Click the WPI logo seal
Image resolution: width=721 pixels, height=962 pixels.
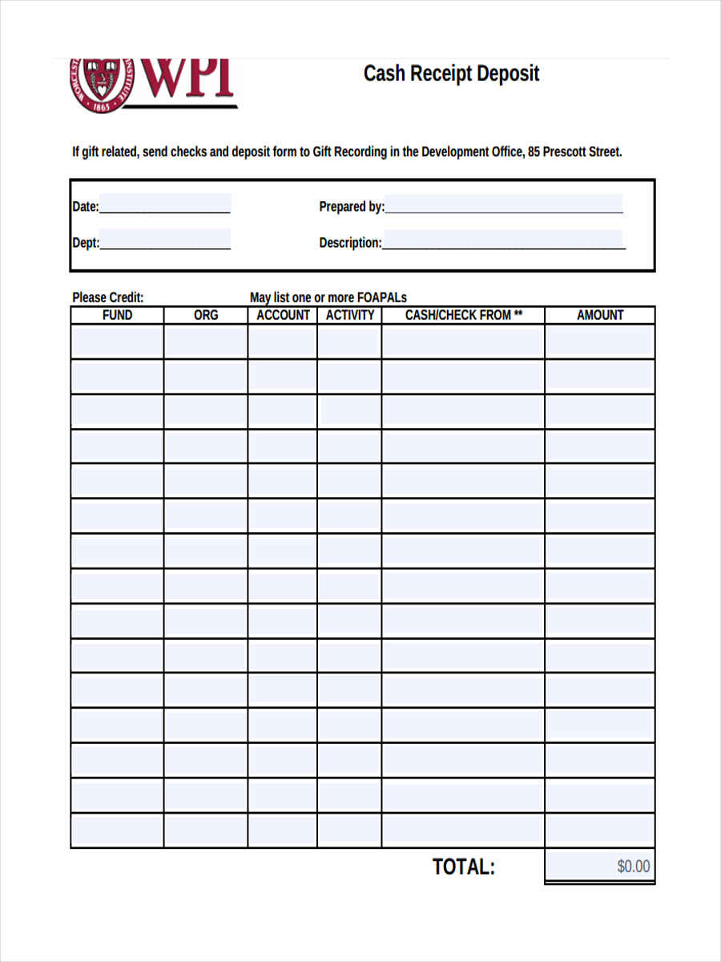coord(99,83)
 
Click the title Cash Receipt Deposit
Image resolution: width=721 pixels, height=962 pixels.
coord(451,74)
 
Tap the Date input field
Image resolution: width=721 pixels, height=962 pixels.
coord(164,204)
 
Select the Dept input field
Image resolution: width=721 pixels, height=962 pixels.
coord(164,240)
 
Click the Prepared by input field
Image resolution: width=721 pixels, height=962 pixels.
coord(503,204)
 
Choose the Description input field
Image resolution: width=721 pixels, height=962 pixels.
coord(503,240)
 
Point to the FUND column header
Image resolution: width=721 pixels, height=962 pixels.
coord(117,315)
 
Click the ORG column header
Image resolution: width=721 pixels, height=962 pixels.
coord(206,315)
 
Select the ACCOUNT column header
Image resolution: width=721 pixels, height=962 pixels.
coord(283,315)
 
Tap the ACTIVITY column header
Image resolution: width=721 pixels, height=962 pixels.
coord(350,315)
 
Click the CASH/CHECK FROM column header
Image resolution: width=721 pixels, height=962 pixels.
coord(463,315)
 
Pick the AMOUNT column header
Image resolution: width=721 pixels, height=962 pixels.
coord(600,315)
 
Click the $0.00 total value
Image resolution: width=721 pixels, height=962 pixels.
coord(633,867)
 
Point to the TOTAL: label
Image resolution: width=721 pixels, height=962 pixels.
coord(464,867)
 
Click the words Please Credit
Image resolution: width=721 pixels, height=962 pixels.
coord(108,297)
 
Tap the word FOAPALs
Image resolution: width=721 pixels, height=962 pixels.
coord(382,297)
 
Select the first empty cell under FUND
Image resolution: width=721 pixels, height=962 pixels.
coord(117,342)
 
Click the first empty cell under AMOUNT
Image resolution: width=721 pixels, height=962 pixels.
coord(600,342)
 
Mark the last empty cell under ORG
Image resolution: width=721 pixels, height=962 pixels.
coord(206,830)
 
